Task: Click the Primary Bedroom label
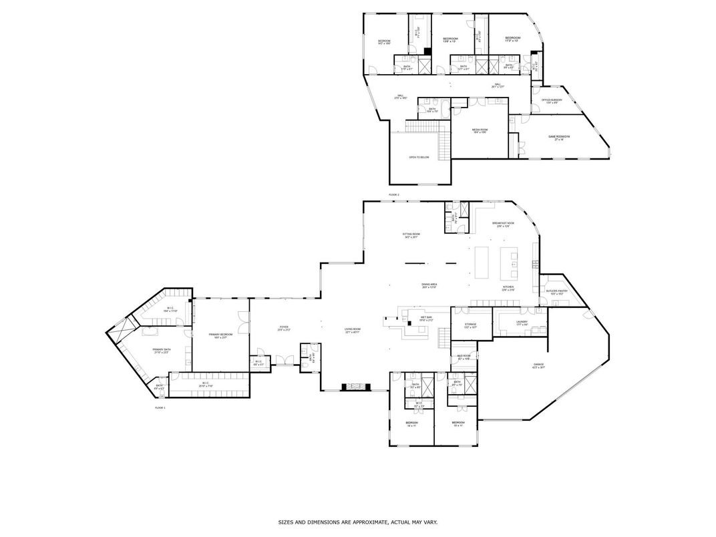[220, 335]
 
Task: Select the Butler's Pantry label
[556, 292]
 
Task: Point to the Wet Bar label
[426, 319]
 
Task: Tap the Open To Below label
[419, 158]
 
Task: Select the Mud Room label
[464, 357]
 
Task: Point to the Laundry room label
[522, 324]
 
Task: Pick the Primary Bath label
[162, 351]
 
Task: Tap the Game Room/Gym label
[556, 138]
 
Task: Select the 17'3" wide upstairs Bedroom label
[512, 39]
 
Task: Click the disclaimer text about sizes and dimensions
[358, 522]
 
